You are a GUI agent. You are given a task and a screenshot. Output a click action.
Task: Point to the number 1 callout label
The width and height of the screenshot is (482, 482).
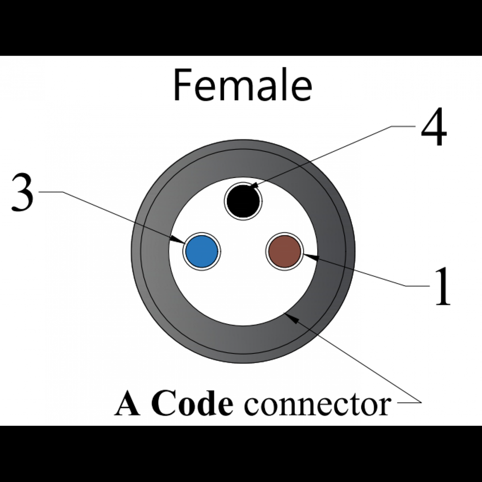point(442,286)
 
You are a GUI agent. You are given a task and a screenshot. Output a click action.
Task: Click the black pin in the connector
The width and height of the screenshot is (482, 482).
point(243,201)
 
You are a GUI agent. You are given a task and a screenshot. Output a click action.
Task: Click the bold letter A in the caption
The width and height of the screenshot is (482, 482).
point(128,404)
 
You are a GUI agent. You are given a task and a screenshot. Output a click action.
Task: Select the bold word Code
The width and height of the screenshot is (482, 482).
point(193,404)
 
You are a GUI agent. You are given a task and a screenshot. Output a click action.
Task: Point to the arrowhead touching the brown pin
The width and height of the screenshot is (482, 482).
point(307,257)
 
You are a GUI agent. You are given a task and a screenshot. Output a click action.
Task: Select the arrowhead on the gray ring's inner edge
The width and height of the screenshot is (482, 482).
point(289,316)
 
